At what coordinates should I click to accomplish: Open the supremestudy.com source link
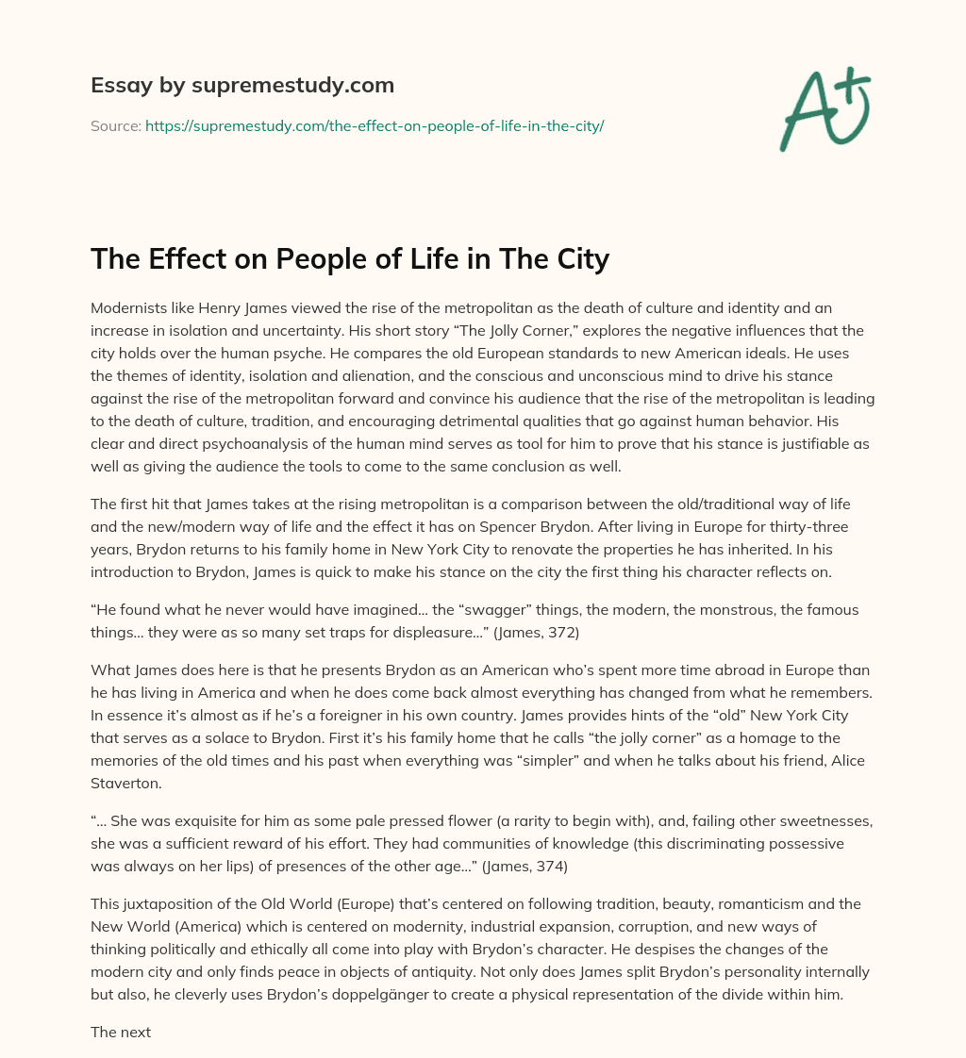[x=374, y=125]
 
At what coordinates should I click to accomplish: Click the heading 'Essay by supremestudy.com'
[x=242, y=86]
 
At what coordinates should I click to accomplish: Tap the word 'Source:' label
[x=116, y=125]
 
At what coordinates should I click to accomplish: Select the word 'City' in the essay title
[x=576, y=258]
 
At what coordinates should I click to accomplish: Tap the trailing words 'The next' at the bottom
[x=121, y=1032]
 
